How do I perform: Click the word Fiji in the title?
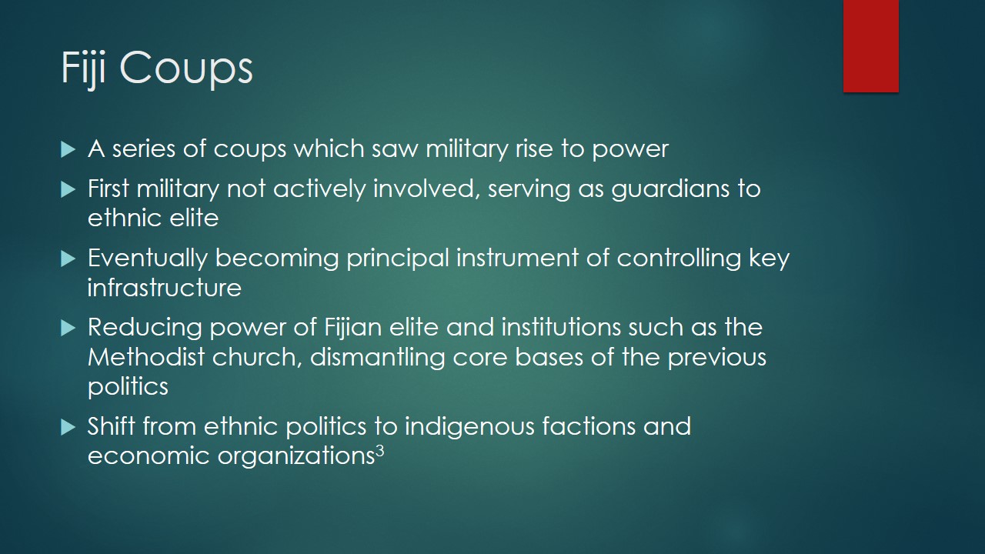[83, 68]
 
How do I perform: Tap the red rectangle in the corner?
[870, 46]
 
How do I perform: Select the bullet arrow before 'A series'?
[68, 149]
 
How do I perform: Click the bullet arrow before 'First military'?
[68, 189]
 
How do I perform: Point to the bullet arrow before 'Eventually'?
[68, 259]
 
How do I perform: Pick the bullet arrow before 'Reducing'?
[68, 328]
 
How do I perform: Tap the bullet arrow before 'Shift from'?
[68, 427]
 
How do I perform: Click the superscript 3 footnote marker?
[380, 450]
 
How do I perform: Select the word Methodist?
[146, 356]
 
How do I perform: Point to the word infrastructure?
[165, 288]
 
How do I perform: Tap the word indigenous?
[469, 427]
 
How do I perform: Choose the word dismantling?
[378, 357]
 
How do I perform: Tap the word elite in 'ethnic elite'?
[194, 218]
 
